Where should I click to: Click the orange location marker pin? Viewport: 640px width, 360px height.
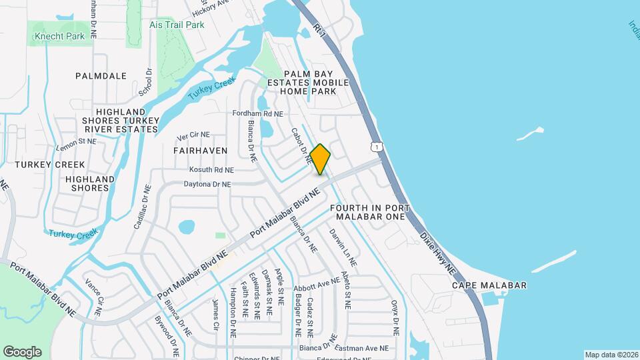(320, 159)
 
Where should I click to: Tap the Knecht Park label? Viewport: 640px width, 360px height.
(60, 36)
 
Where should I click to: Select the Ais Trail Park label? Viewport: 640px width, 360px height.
(177, 25)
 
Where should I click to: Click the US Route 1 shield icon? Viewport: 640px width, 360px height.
(377, 147)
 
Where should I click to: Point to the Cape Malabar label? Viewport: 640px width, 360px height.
(489, 285)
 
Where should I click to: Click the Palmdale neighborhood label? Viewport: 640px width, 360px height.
(101, 76)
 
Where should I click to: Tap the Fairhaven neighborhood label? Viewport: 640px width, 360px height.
(201, 151)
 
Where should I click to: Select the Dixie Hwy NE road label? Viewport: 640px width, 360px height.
(438, 253)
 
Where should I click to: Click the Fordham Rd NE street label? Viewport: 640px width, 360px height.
(258, 113)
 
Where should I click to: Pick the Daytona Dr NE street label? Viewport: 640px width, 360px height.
(208, 184)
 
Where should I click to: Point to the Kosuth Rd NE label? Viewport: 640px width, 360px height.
(211, 171)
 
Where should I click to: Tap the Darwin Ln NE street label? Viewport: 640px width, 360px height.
(343, 247)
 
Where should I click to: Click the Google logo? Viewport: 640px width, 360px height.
(22, 352)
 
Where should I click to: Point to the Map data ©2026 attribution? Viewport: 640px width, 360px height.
(611, 355)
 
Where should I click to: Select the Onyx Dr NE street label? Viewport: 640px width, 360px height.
(395, 316)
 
